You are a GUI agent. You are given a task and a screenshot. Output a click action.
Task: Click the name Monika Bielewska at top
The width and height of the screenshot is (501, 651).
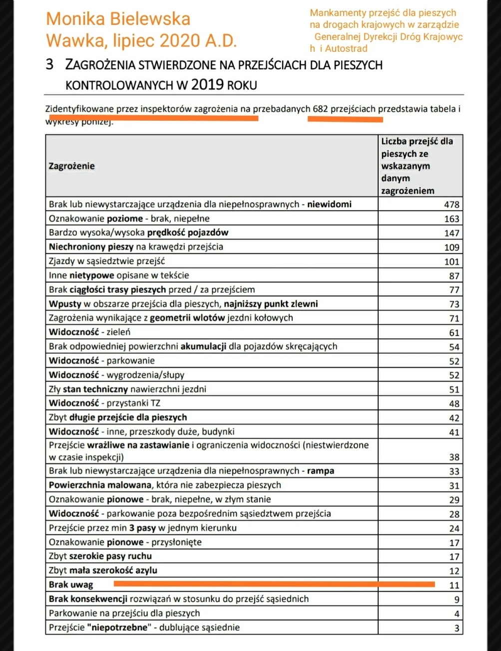click(118, 19)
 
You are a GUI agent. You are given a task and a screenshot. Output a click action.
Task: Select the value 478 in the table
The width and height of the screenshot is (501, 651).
click(452, 205)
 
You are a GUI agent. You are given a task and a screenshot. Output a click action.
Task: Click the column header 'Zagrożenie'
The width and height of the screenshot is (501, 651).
click(72, 166)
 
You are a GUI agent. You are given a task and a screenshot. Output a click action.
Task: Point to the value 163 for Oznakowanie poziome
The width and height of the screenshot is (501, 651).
click(452, 219)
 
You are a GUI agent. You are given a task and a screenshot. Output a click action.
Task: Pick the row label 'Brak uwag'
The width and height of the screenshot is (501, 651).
click(71, 585)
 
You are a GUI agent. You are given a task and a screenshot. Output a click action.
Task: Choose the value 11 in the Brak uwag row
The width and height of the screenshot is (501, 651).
click(454, 586)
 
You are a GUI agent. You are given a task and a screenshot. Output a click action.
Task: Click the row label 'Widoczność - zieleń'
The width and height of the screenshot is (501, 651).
click(89, 332)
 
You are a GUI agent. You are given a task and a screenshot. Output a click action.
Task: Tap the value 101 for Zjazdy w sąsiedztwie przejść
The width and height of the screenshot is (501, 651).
click(452, 262)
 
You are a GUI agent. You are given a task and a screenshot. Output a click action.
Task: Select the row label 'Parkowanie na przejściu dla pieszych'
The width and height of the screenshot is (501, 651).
click(124, 613)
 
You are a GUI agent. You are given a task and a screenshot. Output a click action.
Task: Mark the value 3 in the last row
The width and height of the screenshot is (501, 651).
click(456, 629)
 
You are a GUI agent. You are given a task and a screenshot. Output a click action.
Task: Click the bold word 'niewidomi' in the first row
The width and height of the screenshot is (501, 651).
click(329, 204)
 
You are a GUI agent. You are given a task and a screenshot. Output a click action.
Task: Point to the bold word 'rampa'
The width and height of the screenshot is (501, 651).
click(321, 471)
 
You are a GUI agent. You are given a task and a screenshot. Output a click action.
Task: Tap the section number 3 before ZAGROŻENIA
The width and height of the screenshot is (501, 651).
click(49, 64)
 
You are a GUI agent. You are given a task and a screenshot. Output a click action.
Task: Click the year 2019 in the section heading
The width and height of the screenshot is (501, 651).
click(207, 84)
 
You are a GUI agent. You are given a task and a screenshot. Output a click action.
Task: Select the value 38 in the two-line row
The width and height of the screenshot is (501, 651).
click(454, 457)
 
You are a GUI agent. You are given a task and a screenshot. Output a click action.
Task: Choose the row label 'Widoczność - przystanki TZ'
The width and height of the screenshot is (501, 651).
click(104, 403)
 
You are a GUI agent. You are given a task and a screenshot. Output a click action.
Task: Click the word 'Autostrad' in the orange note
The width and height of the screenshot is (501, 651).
click(346, 48)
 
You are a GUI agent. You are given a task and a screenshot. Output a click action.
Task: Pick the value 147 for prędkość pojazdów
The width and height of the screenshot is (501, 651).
click(452, 233)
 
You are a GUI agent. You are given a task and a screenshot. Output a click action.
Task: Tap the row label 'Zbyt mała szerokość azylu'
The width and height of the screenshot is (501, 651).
click(103, 571)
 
